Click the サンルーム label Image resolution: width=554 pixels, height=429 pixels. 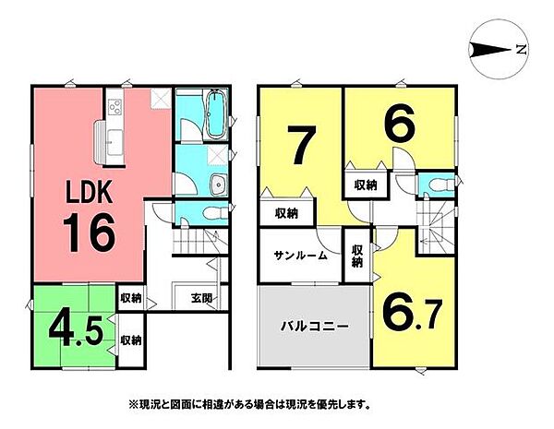(x=300, y=255)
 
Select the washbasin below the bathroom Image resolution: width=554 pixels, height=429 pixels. (x=216, y=182)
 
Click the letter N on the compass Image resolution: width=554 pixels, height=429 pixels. (x=522, y=49)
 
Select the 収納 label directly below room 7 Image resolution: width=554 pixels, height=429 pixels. (x=286, y=213)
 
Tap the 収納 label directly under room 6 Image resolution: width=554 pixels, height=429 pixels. (x=366, y=185)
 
